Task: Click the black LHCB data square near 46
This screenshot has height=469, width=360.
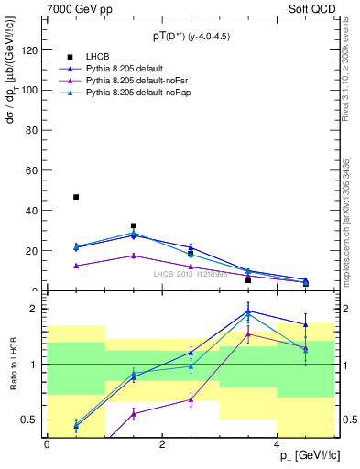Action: pyautogui.click(x=76, y=197)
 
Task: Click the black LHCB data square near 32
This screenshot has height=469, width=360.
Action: pyautogui.click(x=134, y=225)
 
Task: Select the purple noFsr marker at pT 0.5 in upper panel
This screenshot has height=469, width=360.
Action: pyautogui.click(x=76, y=266)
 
